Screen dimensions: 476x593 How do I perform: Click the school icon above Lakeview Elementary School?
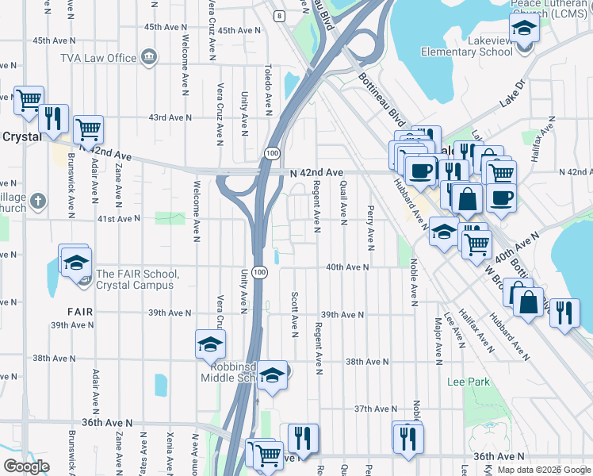pyautogui.click(x=523, y=31)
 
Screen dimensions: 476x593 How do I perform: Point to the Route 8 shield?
pyautogui.click(x=280, y=15)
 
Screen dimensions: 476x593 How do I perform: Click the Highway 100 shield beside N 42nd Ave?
pyautogui.click(x=272, y=152)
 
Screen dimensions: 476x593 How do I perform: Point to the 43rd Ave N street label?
pyautogui.click(x=170, y=117)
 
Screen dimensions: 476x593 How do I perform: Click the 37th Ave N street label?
pyautogui.click(x=374, y=409)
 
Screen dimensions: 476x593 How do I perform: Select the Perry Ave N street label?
pyautogui.click(x=370, y=225)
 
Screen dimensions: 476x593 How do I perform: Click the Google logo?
pyautogui.click(x=26, y=466)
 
